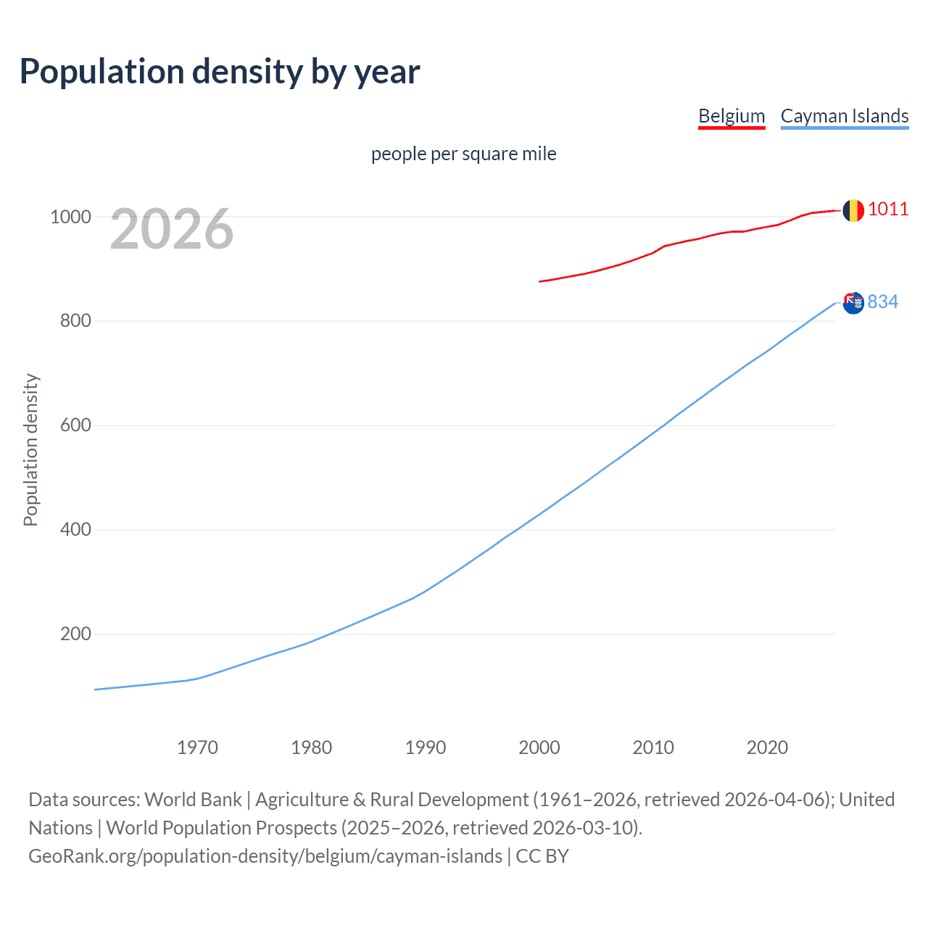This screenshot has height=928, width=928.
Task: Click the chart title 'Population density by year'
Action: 220,72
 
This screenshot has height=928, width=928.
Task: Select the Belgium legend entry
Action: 732,116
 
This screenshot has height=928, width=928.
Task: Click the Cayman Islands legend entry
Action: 845,116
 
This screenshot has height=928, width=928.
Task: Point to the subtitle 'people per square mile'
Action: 464,154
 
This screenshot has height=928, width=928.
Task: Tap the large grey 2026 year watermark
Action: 172,229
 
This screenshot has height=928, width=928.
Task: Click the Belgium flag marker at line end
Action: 853,210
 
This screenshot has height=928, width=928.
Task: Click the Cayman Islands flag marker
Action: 853,302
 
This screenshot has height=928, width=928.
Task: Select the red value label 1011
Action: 888,210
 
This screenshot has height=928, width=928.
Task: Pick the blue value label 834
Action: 883,302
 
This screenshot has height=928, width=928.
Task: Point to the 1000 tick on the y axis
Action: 70,217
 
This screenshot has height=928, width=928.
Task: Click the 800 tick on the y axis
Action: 75,321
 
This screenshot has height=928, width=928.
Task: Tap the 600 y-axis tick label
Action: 75,426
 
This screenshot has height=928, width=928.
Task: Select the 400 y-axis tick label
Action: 75,530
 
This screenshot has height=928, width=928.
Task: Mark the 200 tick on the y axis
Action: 75,634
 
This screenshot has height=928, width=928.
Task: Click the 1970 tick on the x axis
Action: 197,747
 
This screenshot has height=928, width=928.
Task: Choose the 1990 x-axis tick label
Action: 426,747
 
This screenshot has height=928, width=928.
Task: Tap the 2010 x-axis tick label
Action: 653,747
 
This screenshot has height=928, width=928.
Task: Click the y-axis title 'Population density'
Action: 30,449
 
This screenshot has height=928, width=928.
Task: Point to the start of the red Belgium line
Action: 540,281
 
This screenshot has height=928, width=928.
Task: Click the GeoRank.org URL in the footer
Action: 265,856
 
